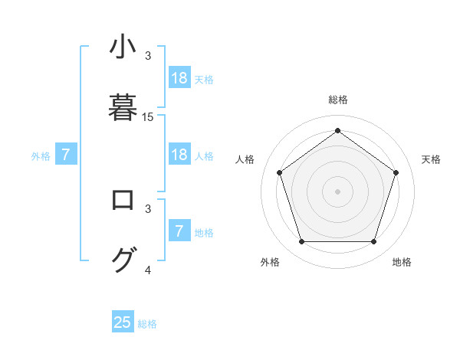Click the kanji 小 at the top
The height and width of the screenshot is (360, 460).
click(123, 47)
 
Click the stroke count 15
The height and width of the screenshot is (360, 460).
click(148, 117)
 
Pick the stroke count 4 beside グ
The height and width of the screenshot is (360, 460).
click(148, 270)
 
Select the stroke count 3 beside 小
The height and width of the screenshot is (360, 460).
click(148, 56)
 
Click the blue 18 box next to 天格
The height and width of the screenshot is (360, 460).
click(179, 78)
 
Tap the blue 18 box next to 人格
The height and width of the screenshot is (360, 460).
click(179, 155)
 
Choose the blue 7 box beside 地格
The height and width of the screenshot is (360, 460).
click(179, 231)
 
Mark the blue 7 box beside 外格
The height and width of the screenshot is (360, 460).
click(66, 155)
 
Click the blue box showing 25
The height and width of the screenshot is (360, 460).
click(123, 322)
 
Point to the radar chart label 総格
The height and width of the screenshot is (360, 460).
click(338, 100)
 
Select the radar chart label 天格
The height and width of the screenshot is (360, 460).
click(432, 159)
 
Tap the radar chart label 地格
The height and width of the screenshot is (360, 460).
click(402, 262)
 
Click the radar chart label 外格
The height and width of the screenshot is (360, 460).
click(270, 262)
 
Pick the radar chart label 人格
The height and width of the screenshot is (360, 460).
click(245, 159)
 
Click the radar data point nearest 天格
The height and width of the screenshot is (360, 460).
click(396, 172)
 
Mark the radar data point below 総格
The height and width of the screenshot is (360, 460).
click(338, 131)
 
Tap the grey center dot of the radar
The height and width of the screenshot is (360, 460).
click(338, 191)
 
